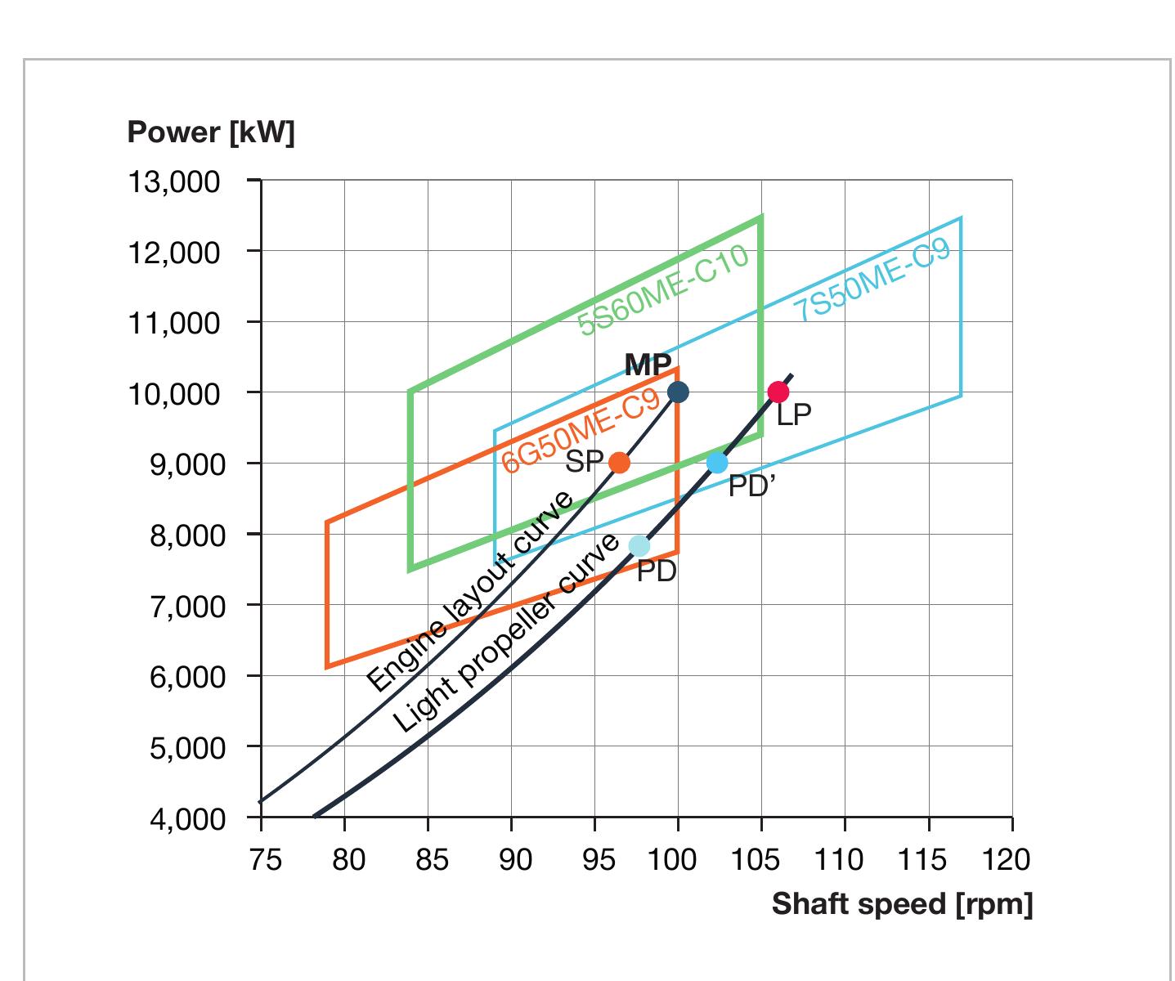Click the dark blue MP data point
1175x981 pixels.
[x=678, y=392]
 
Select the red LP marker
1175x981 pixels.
[x=778, y=392]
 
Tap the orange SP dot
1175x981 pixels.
[x=620, y=463]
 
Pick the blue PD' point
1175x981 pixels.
[x=717, y=463]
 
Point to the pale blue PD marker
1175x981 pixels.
[x=639, y=545]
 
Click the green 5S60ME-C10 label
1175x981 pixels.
[x=663, y=292]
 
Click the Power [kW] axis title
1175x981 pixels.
[x=210, y=132]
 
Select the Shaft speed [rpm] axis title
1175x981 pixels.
[x=902, y=904]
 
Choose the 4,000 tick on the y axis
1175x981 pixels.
[x=185, y=818]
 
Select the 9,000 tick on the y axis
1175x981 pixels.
[x=185, y=464]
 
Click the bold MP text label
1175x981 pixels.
[x=648, y=365]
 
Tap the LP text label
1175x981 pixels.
[x=794, y=415]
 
